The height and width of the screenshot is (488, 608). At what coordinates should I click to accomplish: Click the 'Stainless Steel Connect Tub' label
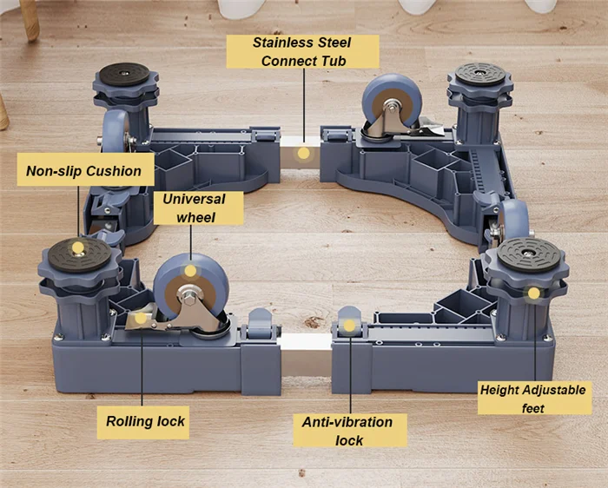click(303, 51)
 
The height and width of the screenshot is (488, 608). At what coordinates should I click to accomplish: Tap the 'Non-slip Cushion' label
click(83, 171)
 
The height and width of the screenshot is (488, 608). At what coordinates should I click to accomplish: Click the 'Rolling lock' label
click(146, 422)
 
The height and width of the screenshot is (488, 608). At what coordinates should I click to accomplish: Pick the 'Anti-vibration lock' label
click(347, 430)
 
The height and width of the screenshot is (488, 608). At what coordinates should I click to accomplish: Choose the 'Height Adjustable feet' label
click(534, 399)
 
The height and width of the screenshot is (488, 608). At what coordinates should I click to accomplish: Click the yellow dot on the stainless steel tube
click(303, 154)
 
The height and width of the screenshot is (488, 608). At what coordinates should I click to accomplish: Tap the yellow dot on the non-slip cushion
click(78, 248)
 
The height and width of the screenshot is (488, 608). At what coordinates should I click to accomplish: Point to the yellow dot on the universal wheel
click(190, 272)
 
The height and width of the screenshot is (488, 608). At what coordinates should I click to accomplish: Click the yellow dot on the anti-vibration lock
click(348, 326)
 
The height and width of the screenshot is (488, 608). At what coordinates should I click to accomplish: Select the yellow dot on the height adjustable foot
click(532, 293)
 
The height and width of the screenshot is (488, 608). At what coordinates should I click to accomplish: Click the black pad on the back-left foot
click(129, 72)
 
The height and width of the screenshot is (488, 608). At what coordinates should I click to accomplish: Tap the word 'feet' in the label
click(534, 408)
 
